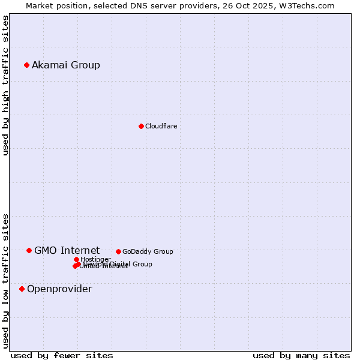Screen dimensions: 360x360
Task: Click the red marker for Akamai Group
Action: [x=26, y=65]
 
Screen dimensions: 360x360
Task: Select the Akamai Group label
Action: [x=66, y=65]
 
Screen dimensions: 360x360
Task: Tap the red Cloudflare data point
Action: [x=141, y=126]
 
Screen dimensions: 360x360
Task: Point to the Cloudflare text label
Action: [x=161, y=126]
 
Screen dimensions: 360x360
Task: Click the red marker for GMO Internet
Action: [x=29, y=250]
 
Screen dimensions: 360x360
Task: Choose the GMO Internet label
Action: [x=67, y=250]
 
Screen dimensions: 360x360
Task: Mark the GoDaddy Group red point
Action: [x=118, y=251]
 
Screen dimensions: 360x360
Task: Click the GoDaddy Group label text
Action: [x=148, y=251]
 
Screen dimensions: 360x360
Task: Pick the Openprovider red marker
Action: [x=22, y=289]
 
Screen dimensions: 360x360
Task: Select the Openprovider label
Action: [x=59, y=289]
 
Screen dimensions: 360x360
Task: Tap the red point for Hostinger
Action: [x=76, y=259]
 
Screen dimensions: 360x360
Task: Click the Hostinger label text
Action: [x=95, y=259]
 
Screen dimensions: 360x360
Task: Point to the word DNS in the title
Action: [x=140, y=5]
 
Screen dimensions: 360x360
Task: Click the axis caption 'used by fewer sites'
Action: [x=62, y=355]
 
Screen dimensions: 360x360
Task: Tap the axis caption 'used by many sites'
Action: [x=301, y=355]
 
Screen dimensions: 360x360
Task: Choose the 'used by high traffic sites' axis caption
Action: [x=5, y=85]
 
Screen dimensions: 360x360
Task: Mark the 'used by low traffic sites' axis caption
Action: [x=5, y=281]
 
